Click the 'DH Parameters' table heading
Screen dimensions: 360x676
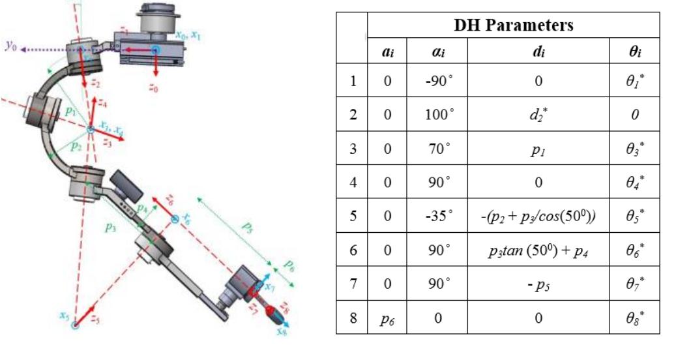coord(514,25)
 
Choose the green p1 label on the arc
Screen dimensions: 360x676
coord(70,112)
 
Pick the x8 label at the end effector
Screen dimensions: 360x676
coord(282,331)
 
